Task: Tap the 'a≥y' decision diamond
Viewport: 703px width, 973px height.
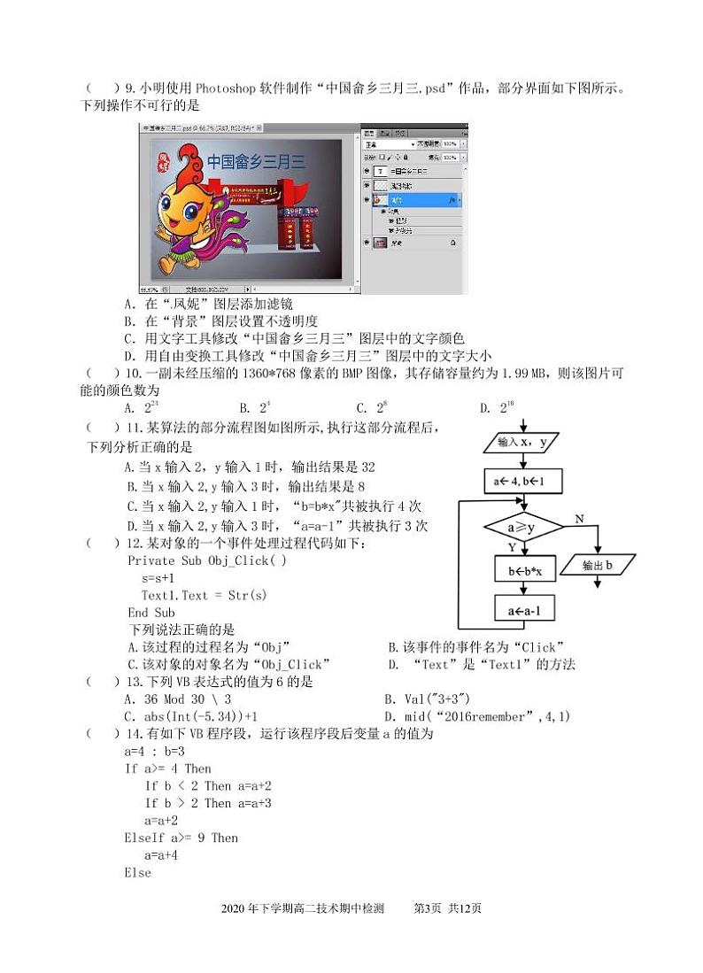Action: coord(522,529)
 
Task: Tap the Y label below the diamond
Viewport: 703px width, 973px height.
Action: coord(512,549)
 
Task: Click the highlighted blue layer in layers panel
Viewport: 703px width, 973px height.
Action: coord(416,202)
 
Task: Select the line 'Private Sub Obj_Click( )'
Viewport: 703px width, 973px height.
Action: coord(206,560)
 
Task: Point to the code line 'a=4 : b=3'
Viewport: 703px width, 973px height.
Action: coord(155,751)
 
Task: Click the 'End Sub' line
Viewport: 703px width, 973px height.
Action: coord(151,613)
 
